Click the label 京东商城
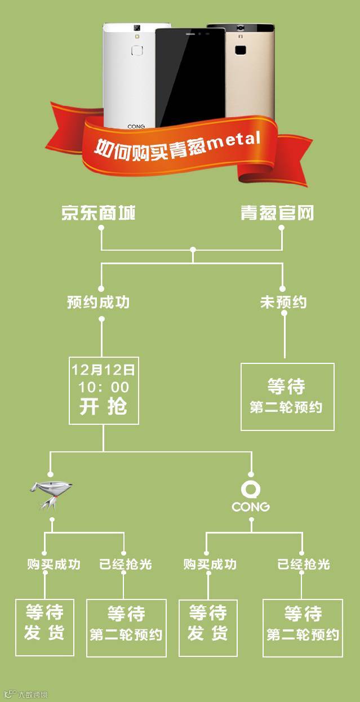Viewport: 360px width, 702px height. pos(98,212)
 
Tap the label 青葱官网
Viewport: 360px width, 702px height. pos(277,212)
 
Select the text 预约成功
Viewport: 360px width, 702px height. pos(98,303)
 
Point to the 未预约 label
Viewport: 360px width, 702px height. pos(283,303)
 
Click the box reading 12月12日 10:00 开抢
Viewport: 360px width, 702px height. pos(104,390)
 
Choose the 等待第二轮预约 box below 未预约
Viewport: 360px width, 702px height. pos(287,397)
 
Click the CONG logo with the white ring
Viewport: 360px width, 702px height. pos(251,496)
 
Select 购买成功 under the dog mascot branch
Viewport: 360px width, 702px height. pos(54,564)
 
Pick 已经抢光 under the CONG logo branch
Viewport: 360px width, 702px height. pos(304,564)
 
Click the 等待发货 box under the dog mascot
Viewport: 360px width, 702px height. pos(45,627)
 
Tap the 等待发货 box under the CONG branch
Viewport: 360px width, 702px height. pos(208,627)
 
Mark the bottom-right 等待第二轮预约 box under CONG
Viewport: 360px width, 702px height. pos(303,627)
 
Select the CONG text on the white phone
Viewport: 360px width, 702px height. pos(136,127)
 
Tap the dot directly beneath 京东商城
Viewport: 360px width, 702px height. pos(101,228)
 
